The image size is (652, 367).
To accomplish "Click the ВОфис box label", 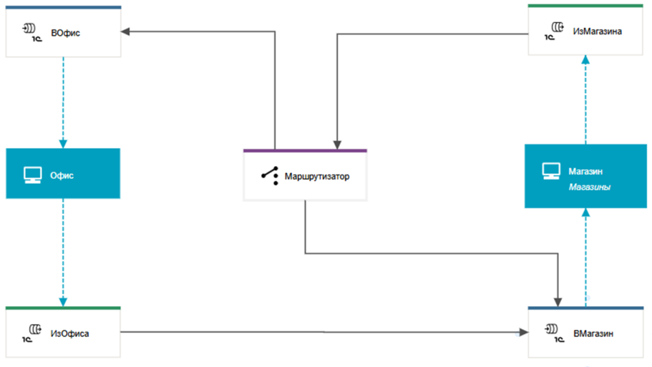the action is pyautogui.click(x=66, y=33).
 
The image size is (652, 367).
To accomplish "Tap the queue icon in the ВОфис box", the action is pyautogui.click(x=32, y=32).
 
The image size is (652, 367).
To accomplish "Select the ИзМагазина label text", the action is pyautogui.click(x=597, y=31).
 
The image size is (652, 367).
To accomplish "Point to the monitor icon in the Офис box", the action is pyautogui.click(x=32, y=175).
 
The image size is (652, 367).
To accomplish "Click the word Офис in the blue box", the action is pyautogui.click(x=62, y=175).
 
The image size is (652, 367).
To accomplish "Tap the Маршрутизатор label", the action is pyautogui.click(x=317, y=176).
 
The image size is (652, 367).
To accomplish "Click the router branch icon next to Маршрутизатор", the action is pyautogui.click(x=270, y=176).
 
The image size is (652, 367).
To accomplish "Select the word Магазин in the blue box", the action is pyautogui.click(x=585, y=171).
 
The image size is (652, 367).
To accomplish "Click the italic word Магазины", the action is pyautogui.click(x=589, y=187).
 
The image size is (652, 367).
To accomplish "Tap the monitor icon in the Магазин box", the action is pyautogui.click(x=551, y=170).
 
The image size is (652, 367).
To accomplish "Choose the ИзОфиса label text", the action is pyautogui.click(x=69, y=333).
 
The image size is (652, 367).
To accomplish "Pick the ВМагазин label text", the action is pyautogui.click(x=593, y=333).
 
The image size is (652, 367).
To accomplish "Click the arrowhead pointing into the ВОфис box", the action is pyautogui.click(x=125, y=32).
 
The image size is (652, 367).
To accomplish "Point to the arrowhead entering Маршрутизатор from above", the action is pyautogui.click(x=337, y=145).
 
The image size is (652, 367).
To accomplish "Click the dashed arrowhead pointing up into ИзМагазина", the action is pyautogui.click(x=586, y=59).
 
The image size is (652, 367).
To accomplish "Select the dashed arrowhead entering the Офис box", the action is pyautogui.click(x=63, y=144).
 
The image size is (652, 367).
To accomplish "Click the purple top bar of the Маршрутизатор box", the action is pyautogui.click(x=305, y=151).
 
